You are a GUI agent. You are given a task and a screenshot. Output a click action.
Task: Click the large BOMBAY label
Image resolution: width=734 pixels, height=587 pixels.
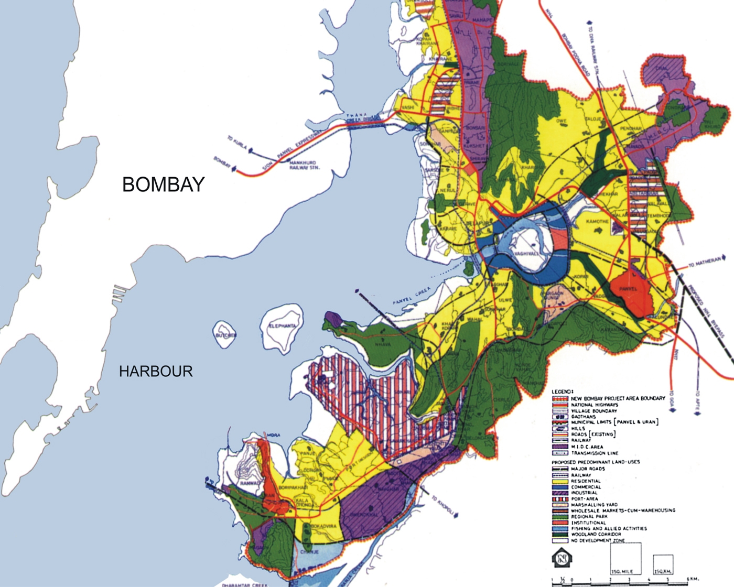click(x=163, y=185)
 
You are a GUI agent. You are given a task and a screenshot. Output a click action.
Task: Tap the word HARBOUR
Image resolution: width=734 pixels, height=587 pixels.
click(x=156, y=372)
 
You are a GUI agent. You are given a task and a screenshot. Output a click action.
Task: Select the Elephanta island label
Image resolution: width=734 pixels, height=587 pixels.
click(x=282, y=326)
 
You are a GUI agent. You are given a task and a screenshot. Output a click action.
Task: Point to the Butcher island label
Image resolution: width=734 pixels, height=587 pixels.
click(x=225, y=335)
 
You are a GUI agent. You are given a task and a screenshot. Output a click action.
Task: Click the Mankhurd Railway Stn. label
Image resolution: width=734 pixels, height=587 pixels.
click(x=304, y=165)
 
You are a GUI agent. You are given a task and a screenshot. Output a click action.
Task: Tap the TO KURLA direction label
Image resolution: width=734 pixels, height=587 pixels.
click(x=237, y=143)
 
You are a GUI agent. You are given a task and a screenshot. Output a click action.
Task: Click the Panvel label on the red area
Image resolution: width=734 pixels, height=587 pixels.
click(x=628, y=289)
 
